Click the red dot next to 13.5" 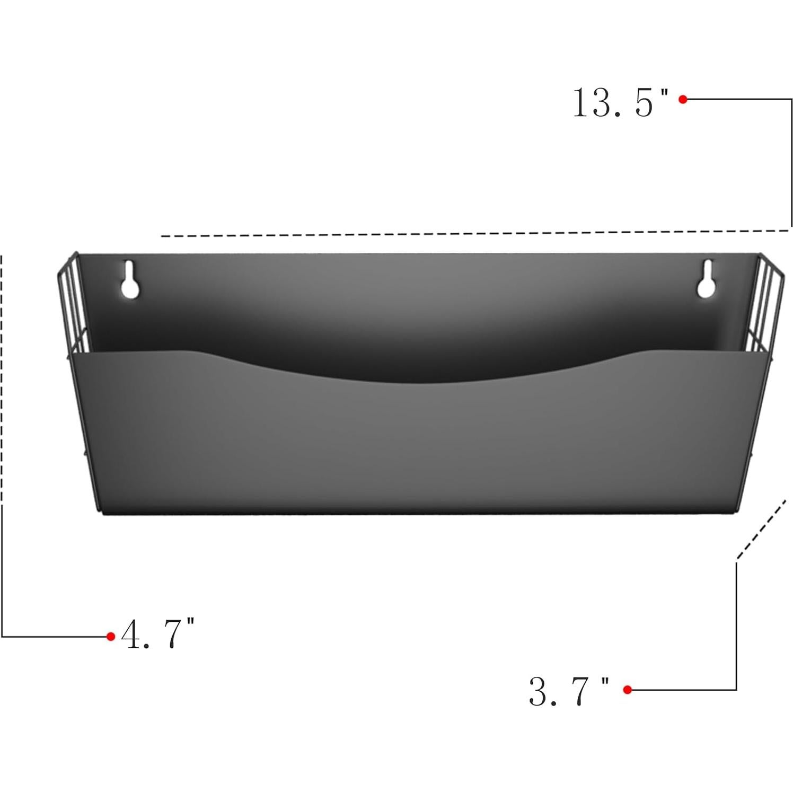683,99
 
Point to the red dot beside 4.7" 110,636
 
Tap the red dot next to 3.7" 627,690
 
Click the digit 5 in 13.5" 644,103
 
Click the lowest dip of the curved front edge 408,383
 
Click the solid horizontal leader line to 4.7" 53,636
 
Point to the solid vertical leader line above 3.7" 736,625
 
